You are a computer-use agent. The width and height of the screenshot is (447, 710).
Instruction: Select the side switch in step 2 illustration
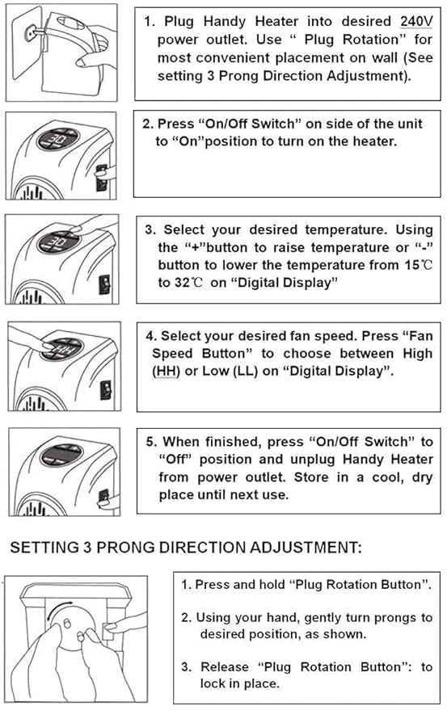pos(101,175)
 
